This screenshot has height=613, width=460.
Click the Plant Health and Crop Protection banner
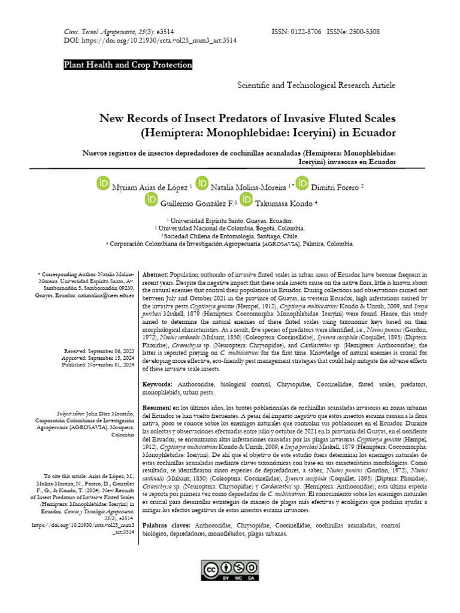128,65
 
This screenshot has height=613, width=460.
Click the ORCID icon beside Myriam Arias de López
103,184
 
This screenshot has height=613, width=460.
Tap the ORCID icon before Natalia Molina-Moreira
202,184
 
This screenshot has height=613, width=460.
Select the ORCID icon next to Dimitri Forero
302,184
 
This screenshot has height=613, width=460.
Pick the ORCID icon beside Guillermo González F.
152,201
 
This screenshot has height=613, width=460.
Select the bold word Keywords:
158,384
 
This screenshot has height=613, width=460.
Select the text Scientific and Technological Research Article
316,86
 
